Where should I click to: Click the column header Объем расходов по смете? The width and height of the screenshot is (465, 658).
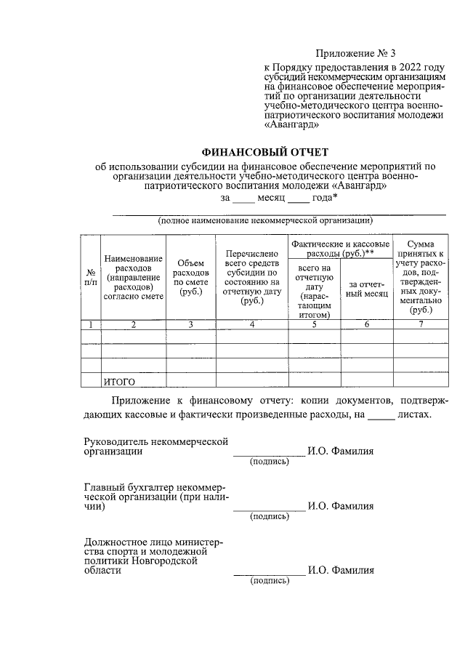pos(190,277)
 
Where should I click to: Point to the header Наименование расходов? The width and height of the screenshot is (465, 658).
pos(134,277)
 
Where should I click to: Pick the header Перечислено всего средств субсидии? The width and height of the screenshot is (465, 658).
pos(252,277)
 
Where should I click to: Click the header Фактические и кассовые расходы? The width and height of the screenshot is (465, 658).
pos(340,249)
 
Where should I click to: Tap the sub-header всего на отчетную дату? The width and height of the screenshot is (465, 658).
pos(315,291)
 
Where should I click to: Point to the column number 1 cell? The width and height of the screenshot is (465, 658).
pos(90,325)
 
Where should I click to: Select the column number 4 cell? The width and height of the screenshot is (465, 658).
pos(252,325)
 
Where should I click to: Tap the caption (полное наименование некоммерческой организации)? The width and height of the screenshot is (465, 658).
pos(265,220)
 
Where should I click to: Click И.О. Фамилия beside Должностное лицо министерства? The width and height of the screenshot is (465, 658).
pos(341,571)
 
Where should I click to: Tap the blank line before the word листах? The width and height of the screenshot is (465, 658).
pos(381,416)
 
